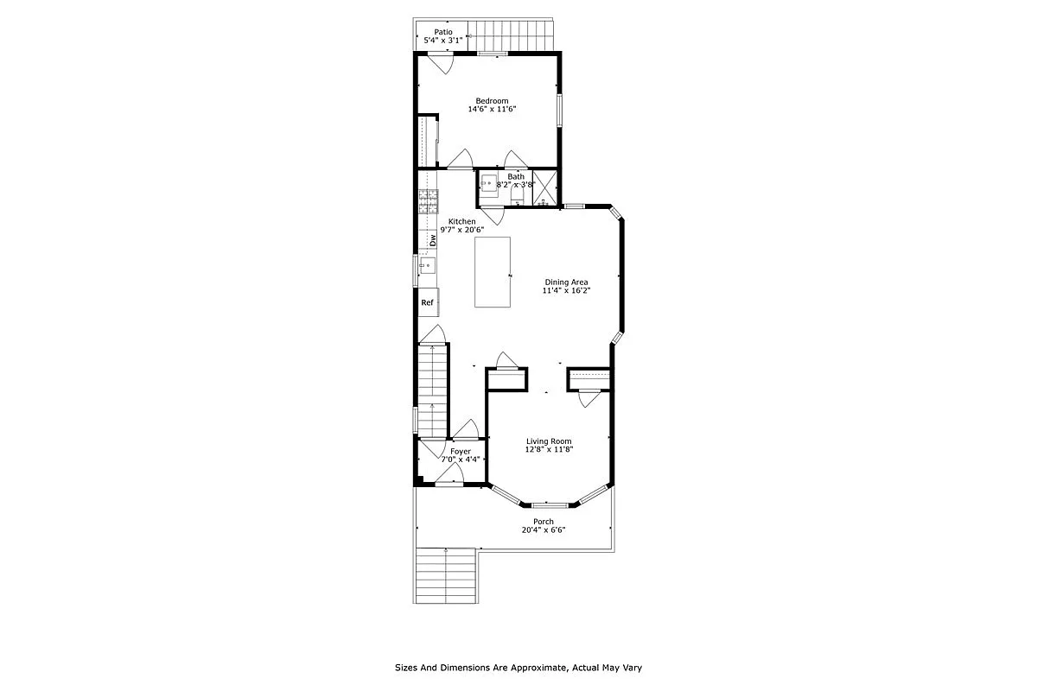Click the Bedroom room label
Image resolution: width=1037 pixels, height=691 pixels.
point(492,100)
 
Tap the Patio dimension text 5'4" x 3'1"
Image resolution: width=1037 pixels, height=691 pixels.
point(442,41)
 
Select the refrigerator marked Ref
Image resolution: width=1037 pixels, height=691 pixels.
point(428,302)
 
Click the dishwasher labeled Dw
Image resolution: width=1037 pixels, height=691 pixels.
point(433,241)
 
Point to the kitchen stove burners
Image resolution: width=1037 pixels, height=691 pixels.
point(428,202)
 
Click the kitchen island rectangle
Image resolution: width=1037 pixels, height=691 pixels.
point(492,271)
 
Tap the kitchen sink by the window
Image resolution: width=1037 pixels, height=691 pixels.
point(427,266)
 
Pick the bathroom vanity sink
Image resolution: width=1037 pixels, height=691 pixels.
point(488,184)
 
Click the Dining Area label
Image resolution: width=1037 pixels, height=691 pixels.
point(566,282)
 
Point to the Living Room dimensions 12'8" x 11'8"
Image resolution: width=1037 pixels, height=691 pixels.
point(550,449)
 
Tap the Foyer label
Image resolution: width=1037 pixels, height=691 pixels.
point(461,451)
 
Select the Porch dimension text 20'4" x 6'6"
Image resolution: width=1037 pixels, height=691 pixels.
point(544,529)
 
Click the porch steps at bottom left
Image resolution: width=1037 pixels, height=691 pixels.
point(447,575)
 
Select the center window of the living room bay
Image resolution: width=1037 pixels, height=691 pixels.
point(550,504)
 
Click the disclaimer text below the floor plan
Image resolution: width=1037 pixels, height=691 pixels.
point(518,668)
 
